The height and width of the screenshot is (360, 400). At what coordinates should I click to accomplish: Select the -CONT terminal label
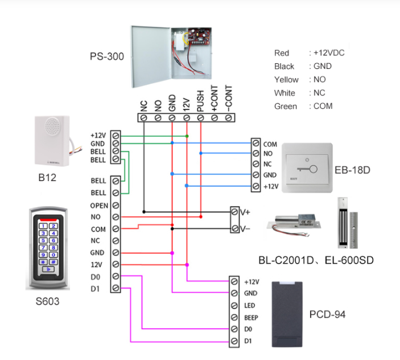click(228, 97)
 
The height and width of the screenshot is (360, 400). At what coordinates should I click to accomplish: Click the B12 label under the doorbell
click(48, 178)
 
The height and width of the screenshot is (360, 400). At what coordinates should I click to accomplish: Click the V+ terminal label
click(245, 212)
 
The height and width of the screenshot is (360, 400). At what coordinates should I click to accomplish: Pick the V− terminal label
click(245, 228)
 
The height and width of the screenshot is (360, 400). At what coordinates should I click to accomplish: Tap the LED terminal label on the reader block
click(249, 305)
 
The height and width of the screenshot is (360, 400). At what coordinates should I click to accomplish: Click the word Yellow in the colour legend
click(286, 80)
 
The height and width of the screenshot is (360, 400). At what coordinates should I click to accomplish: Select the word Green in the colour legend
click(285, 106)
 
